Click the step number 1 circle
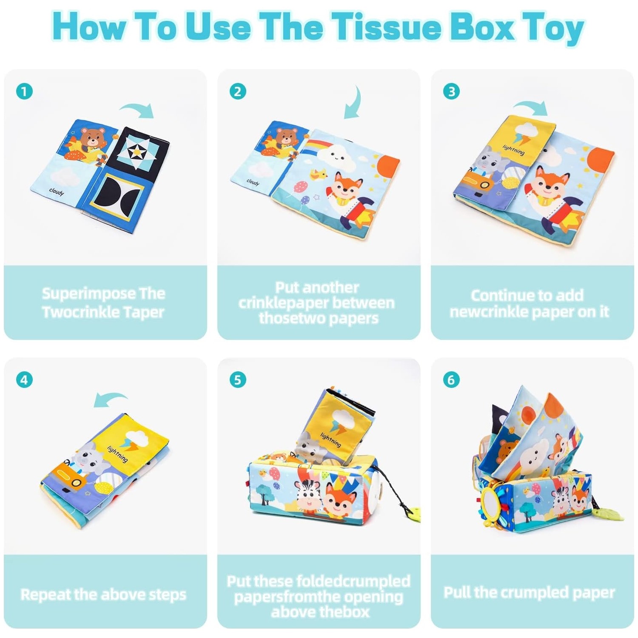pos(24,91)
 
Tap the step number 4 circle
pos(24,379)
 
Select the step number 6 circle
pos(451,379)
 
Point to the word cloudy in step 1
pos(57,192)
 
